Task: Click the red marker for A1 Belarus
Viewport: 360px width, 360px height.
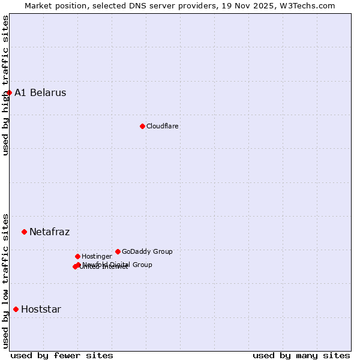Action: click(x=9, y=92)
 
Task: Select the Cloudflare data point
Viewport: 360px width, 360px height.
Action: click(x=142, y=126)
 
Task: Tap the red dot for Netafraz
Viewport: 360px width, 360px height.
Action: click(x=24, y=232)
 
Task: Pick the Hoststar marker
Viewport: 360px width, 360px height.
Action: click(x=16, y=309)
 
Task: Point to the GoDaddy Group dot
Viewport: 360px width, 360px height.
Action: click(x=118, y=251)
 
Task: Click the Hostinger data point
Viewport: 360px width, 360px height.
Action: click(x=77, y=256)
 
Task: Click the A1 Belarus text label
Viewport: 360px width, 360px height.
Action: click(x=40, y=92)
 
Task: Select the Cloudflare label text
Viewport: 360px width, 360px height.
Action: click(x=162, y=126)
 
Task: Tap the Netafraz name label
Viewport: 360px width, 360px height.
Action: click(x=49, y=232)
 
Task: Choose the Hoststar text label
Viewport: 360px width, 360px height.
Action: click(x=41, y=309)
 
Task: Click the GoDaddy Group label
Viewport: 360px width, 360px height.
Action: click(x=147, y=251)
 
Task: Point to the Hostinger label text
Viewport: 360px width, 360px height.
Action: click(x=97, y=256)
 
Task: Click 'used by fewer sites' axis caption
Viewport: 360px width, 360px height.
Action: click(x=62, y=355)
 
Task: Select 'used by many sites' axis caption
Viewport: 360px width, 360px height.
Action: click(x=301, y=355)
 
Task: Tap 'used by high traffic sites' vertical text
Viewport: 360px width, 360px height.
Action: click(x=5, y=85)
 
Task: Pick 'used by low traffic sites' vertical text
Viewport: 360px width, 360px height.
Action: click(x=5, y=280)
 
